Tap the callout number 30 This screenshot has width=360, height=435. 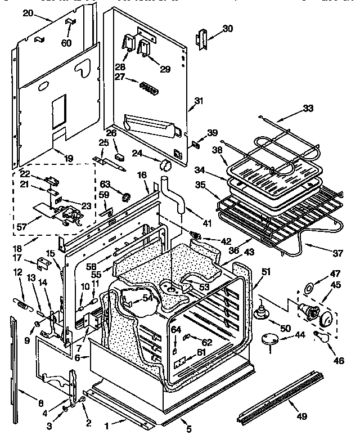click(227, 29)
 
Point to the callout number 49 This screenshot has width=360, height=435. click(302, 416)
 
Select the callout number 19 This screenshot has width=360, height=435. click(67, 159)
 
